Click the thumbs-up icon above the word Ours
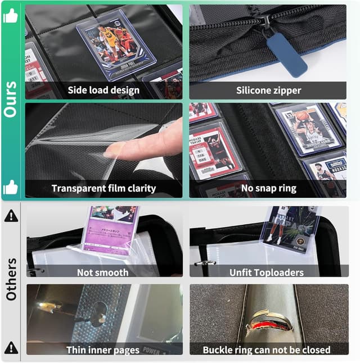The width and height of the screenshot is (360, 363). (11, 17)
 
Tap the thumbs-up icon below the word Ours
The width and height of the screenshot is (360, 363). (11, 187)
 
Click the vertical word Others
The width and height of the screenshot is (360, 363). (11, 279)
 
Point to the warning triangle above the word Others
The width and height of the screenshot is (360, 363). (11, 215)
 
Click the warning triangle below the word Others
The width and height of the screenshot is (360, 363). (11, 348)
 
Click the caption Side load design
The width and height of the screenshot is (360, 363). (103, 90)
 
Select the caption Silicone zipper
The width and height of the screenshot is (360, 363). (268, 90)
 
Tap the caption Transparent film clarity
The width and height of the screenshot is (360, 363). (103, 188)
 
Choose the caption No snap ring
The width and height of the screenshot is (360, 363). (268, 188)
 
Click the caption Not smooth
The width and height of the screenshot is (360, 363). (103, 273)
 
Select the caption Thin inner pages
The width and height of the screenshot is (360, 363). (103, 350)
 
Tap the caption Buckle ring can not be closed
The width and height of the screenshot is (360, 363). (267, 350)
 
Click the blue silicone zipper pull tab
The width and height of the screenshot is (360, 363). (294, 54)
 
